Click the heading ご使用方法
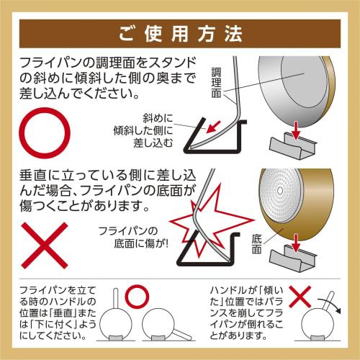tap(181, 33)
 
